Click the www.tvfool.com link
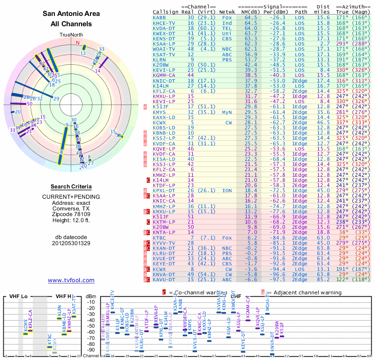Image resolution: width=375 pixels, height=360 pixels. (x=71, y=280)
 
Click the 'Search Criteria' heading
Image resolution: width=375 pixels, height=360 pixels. (x=71, y=187)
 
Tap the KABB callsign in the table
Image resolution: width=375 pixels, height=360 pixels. (x=159, y=18)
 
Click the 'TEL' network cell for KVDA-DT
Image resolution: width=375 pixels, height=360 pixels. (x=227, y=28)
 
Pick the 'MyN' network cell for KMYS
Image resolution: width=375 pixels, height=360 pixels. (x=227, y=112)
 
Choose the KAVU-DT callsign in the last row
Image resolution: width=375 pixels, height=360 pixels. (x=164, y=280)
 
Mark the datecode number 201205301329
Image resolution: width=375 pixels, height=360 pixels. (x=71, y=243)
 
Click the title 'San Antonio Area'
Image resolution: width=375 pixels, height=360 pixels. (x=71, y=14)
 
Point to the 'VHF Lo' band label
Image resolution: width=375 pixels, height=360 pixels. (x=18, y=297)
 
